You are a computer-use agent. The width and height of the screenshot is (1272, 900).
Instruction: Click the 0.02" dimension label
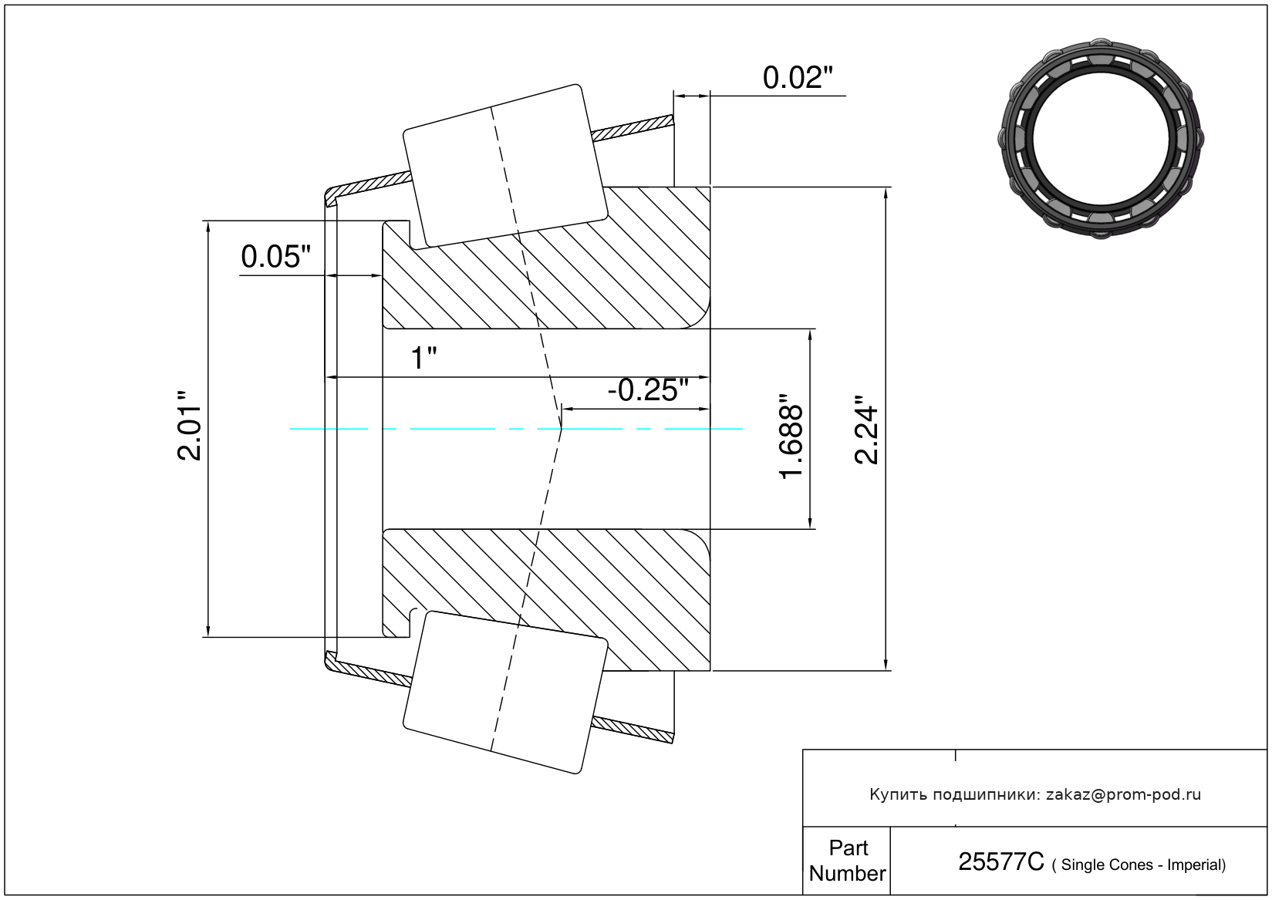[x=798, y=78]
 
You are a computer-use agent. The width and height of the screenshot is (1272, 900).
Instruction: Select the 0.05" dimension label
[x=276, y=257]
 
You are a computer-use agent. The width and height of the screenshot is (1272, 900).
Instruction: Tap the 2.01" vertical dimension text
[x=190, y=425]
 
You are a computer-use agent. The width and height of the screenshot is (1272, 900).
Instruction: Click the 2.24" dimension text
[x=866, y=430]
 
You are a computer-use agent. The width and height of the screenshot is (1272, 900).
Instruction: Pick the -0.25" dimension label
[x=648, y=390]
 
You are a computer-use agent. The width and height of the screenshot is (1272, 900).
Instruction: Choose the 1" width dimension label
[x=423, y=359]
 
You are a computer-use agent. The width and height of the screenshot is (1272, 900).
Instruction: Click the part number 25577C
[x=1001, y=862]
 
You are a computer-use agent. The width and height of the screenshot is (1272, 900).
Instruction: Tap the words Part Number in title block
[x=847, y=861]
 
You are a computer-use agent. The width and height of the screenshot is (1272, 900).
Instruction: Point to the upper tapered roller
[x=505, y=167]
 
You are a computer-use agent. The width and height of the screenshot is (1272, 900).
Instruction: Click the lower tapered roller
[x=505, y=693]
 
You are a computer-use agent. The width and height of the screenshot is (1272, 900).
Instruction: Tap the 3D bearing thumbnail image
[x=1101, y=139]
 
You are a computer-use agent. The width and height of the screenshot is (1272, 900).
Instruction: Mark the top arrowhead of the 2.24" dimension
[x=886, y=193]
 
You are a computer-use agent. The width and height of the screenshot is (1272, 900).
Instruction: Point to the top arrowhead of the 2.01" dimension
[x=208, y=227]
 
